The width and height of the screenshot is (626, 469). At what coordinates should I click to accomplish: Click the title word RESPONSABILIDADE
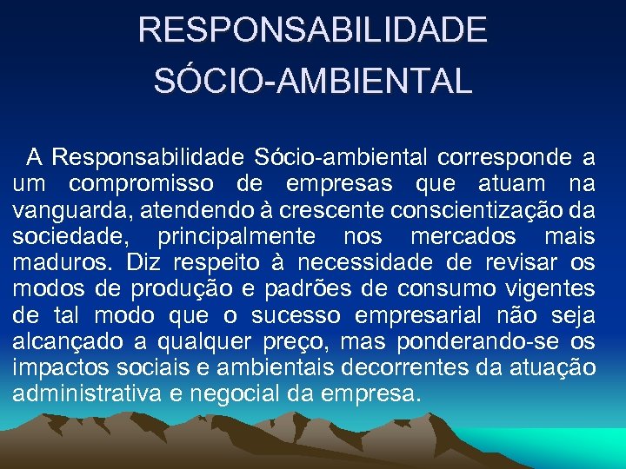pos(313,30)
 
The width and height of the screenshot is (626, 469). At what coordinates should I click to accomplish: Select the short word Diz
pos(143,261)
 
